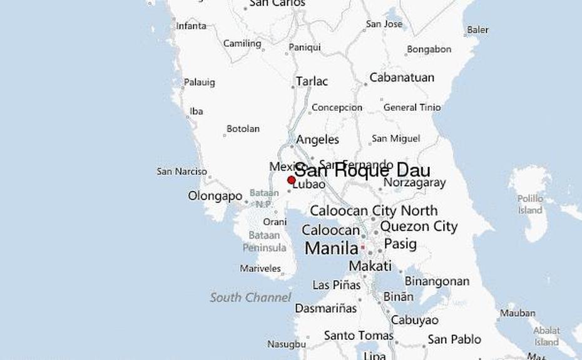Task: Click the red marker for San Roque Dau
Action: tap(291, 180)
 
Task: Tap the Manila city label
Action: tap(331, 249)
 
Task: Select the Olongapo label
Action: tap(215, 196)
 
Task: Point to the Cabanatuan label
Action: tap(401, 78)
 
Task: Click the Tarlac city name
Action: tap(312, 81)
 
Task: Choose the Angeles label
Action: tap(317, 140)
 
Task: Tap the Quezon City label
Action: tap(419, 226)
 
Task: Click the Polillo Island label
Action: tap(530, 204)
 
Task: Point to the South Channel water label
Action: tap(250, 297)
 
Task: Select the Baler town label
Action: tap(477, 29)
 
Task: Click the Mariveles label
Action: tap(260, 269)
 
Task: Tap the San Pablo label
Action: tap(454, 339)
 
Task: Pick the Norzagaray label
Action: tap(414, 183)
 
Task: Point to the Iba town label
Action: tap(197, 111)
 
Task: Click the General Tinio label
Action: tap(412, 107)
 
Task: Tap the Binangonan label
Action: tap(437, 281)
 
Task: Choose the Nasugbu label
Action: tap(287, 344)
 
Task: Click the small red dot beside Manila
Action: tap(362, 247)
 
